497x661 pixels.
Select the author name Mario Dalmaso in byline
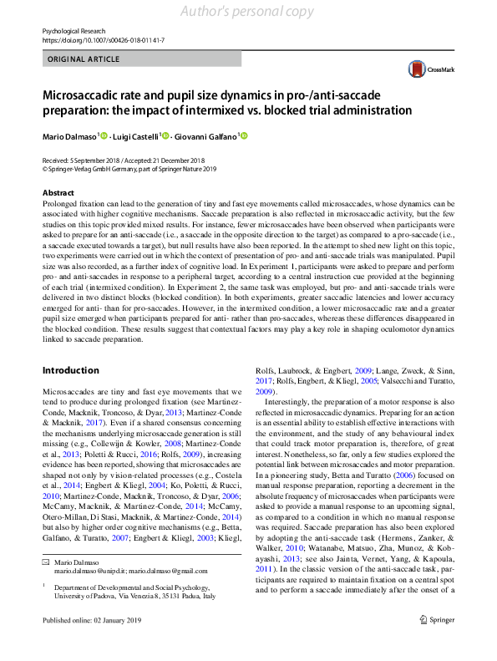pos(70,135)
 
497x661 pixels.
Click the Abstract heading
pos(58,192)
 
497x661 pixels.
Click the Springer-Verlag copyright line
pos(129,167)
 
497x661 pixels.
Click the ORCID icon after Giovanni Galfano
pos(245,135)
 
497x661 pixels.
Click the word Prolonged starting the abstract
pos(63,204)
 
